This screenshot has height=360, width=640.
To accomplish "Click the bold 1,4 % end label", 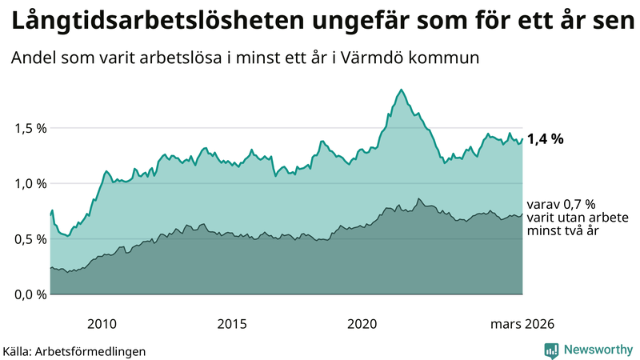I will pyautogui.click(x=546, y=139).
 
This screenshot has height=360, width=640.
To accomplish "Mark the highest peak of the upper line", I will pyautogui.click(x=401, y=90).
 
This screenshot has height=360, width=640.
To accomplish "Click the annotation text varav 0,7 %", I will pyautogui.click(x=562, y=205).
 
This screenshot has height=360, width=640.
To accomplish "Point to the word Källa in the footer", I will pyautogui.click(x=18, y=350).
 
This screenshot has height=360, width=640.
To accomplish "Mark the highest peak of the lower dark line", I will pyautogui.click(x=418, y=198).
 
